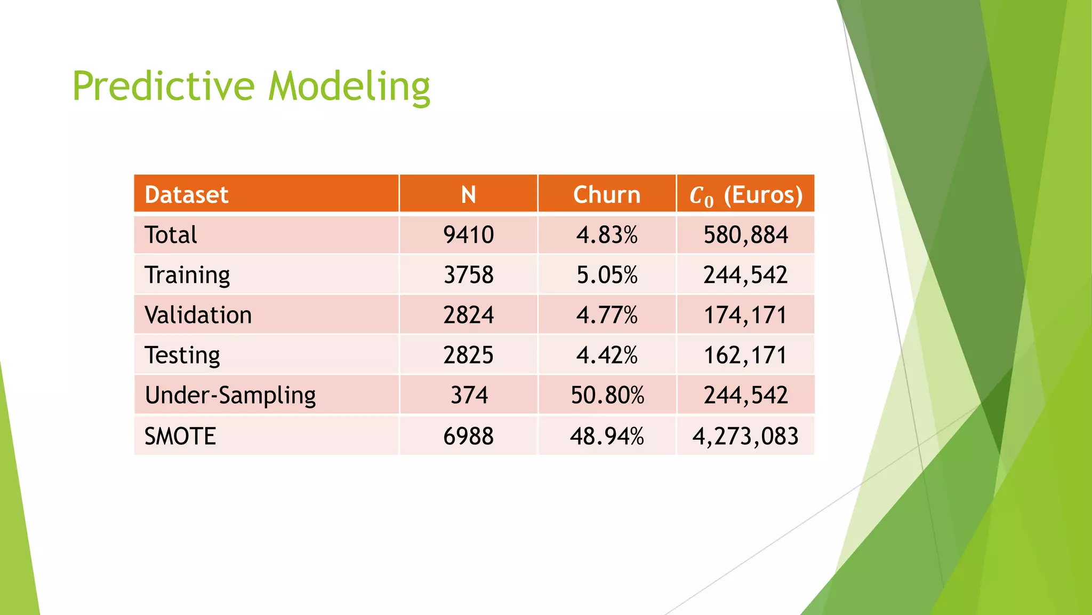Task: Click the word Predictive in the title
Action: (163, 86)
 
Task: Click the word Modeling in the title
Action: (349, 86)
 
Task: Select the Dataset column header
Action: (186, 195)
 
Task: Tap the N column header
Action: (468, 195)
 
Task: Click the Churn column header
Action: (607, 195)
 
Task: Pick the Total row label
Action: (171, 235)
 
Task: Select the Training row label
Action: (187, 275)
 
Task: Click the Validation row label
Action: (198, 315)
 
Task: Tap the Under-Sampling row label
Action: (230, 396)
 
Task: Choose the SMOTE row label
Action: (180, 436)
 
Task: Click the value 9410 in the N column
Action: (468, 235)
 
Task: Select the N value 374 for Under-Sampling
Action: (469, 396)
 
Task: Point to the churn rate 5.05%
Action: (607, 275)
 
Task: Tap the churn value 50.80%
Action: (607, 396)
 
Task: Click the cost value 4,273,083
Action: (745, 436)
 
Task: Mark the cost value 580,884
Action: (745, 235)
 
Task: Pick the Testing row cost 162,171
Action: (745, 356)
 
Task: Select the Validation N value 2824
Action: (468, 315)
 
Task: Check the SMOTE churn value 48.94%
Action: (607, 436)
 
